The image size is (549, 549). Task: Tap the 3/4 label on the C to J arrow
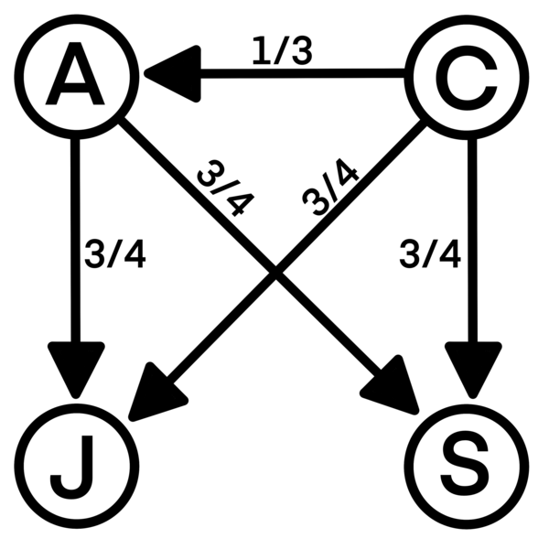(329, 188)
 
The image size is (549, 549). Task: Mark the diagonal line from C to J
(366, 183)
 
